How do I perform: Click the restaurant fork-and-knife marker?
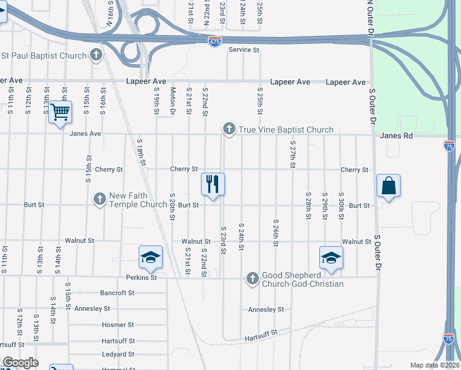click(213, 184)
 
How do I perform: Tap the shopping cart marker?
click(60, 112)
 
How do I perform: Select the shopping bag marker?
click(388, 186)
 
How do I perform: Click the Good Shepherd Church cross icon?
click(252, 279)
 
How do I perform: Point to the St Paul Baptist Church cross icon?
click(96, 55)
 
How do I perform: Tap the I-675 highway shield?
click(214, 41)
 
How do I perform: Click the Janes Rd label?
click(396, 136)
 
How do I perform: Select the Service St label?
click(243, 49)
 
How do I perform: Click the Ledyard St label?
click(118, 354)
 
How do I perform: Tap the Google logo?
click(20, 363)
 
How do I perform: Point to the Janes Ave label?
click(85, 133)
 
